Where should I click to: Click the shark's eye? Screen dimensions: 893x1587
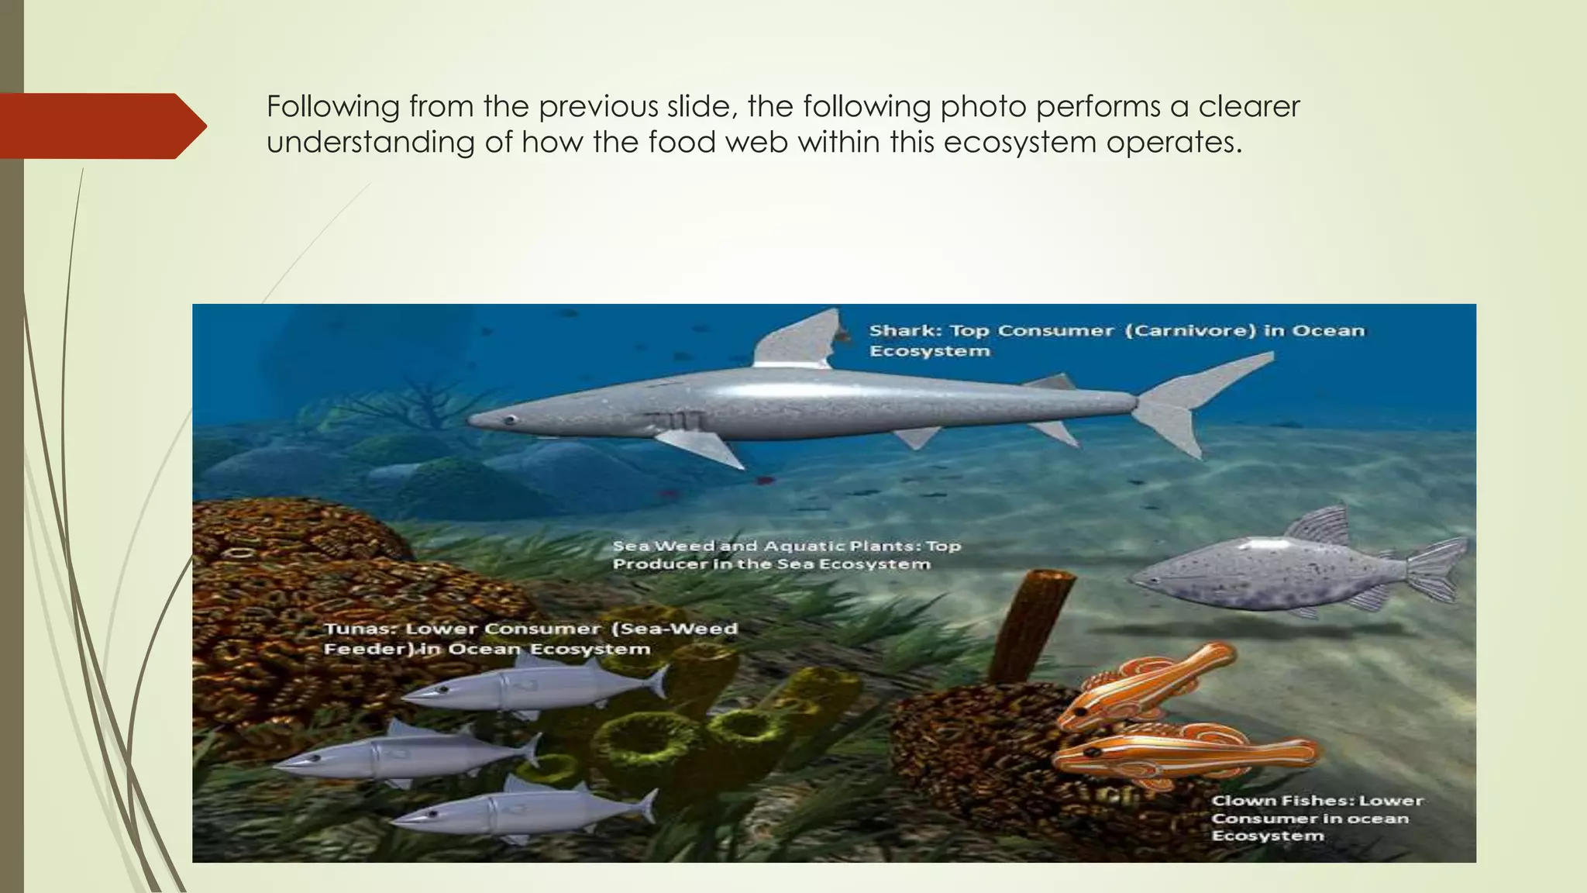point(510,420)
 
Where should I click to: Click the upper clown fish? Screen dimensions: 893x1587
point(1147,682)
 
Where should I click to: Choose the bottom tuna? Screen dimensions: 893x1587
point(527,810)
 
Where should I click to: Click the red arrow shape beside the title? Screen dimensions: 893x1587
point(101,126)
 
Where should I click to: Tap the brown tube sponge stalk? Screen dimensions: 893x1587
point(1027,620)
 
